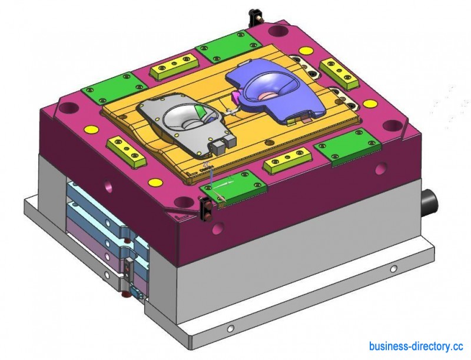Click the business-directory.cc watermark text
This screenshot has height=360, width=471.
tap(416, 346)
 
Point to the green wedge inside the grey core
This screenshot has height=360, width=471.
tap(200, 112)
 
